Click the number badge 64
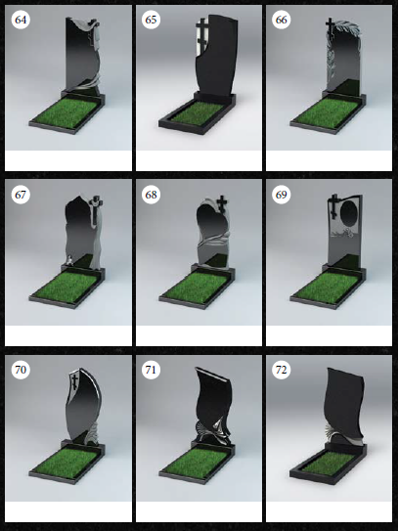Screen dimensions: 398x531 tap(21, 20)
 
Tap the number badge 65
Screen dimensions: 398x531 tap(151, 20)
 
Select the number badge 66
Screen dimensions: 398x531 tap(281, 20)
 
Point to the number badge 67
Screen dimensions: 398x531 tap(21, 195)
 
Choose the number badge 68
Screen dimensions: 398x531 tap(151, 195)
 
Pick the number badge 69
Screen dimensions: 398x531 tap(281, 195)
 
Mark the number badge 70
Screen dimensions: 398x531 tap(21, 370)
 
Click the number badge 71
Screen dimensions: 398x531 tap(151, 370)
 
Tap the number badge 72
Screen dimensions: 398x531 tap(281, 370)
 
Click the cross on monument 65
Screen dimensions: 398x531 tap(202, 35)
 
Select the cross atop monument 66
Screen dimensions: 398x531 tap(330, 26)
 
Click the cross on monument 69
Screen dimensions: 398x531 tap(334, 206)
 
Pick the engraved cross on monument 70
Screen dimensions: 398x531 tap(75, 379)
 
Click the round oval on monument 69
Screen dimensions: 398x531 tap(349, 215)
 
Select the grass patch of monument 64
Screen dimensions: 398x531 tap(66, 112)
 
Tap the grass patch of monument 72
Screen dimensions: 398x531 tap(328, 463)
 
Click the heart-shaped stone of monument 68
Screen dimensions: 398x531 tap(212, 222)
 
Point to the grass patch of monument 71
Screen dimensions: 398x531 tap(197, 463)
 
